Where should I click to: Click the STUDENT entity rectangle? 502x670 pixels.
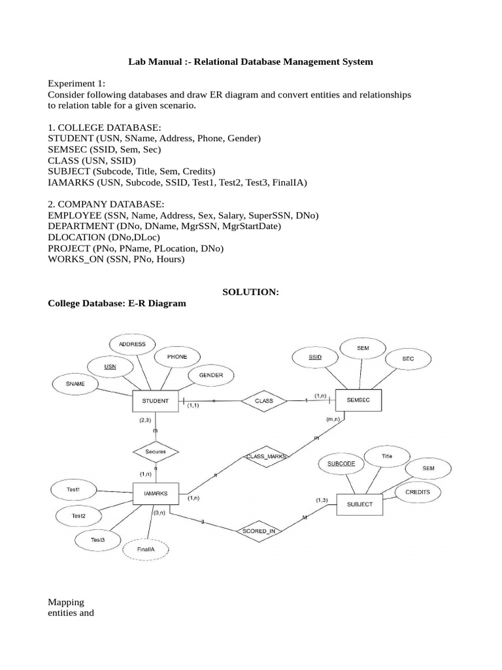click(x=155, y=401)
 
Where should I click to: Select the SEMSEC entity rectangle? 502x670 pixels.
click(x=358, y=400)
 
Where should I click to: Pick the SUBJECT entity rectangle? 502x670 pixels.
click(x=359, y=504)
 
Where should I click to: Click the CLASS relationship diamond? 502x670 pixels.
click(x=264, y=400)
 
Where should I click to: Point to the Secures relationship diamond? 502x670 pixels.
click(x=156, y=451)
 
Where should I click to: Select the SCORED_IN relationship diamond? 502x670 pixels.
click(x=259, y=531)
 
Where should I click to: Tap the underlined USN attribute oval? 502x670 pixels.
click(x=110, y=366)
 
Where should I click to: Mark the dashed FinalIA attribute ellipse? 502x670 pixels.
click(x=146, y=550)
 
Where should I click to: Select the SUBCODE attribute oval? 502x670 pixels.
click(x=341, y=463)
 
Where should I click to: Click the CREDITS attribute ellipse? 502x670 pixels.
click(x=418, y=491)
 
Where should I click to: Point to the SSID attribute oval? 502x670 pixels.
click(x=315, y=357)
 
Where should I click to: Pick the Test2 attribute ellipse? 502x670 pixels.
click(x=78, y=516)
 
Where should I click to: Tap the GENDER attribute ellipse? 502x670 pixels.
click(x=210, y=376)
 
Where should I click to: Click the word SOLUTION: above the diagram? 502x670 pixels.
click(x=250, y=292)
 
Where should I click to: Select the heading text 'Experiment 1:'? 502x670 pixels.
click(x=76, y=84)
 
